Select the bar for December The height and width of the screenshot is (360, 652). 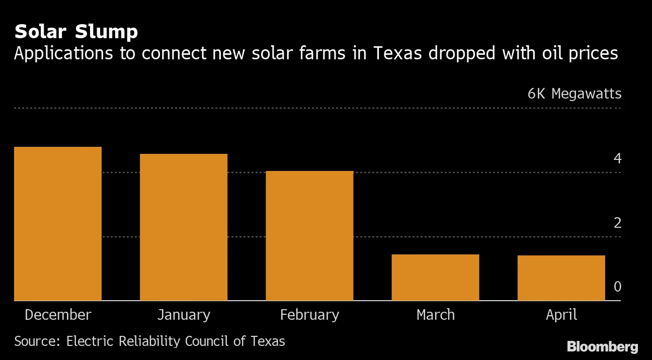58,224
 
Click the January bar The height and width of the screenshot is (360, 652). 184,227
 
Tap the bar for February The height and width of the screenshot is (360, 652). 309,236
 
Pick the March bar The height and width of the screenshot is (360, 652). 435,278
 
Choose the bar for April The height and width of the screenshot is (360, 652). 561,278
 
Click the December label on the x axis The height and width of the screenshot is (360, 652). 58,315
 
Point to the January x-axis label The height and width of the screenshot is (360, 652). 184,315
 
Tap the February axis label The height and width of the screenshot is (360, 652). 309,315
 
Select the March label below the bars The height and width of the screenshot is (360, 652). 435,315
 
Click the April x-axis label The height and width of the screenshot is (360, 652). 561,315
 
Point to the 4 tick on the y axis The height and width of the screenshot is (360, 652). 617,159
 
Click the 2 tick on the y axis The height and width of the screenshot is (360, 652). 617,223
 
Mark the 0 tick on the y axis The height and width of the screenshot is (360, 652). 617,287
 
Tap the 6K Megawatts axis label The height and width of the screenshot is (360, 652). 574,94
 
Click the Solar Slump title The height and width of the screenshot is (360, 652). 76,32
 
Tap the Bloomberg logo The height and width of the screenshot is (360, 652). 602,346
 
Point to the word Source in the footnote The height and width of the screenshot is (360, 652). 37,341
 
